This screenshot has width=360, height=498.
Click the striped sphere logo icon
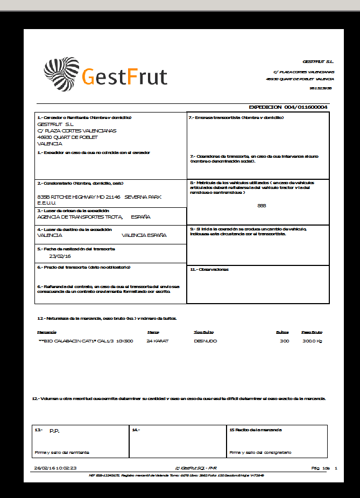61,74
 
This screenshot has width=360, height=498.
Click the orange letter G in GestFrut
89,76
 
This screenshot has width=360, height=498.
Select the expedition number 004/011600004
306,107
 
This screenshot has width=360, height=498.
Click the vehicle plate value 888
262,206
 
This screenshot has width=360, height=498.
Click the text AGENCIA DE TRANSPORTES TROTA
80,216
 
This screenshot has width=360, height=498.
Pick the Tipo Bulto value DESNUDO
205,341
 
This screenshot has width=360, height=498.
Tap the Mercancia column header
46,332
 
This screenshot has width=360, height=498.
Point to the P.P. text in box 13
54,431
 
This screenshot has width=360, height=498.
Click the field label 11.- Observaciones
209,269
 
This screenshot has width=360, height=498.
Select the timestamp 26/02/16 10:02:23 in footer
55,468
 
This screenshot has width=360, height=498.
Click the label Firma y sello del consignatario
260,452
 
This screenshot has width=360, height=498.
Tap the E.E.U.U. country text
47,202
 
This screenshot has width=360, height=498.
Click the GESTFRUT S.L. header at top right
318,61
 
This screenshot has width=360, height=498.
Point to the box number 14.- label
136,430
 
